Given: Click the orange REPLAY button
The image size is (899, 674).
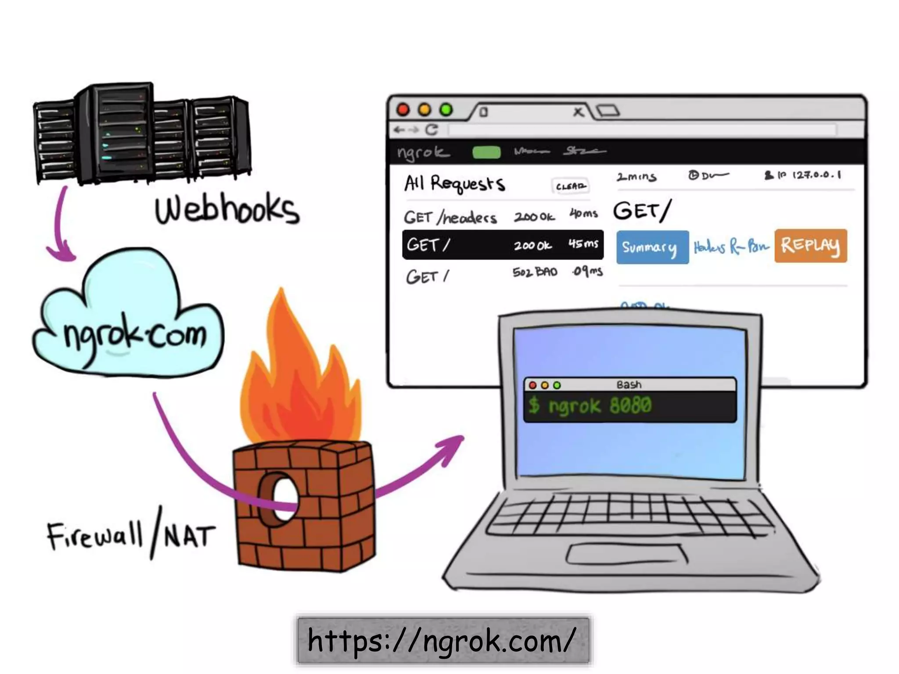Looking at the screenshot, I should (810, 246).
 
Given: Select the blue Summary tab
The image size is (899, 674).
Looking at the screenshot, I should (652, 247).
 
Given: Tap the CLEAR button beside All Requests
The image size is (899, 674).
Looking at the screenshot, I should (570, 186).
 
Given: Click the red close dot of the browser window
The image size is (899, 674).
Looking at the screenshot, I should (403, 110).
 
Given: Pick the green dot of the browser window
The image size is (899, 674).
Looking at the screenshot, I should (446, 110).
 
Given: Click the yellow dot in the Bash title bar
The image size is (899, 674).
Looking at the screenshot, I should (545, 385).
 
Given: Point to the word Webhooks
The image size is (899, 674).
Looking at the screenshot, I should (227, 209).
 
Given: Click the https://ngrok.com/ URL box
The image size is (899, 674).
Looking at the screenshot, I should (442, 640).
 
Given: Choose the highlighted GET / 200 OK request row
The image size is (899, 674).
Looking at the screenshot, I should (502, 244).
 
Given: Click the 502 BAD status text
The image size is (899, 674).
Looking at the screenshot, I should (535, 272).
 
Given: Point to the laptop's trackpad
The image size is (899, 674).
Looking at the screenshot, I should (627, 554).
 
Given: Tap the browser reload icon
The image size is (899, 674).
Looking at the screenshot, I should (432, 129).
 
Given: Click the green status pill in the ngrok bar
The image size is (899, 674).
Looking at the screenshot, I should (486, 152).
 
